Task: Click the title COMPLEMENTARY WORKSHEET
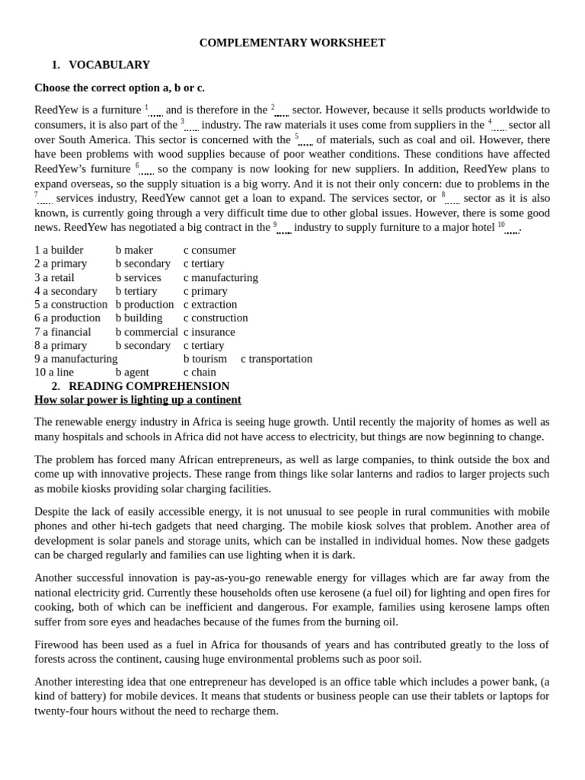(x=292, y=43)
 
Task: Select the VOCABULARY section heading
(x=109, y=65)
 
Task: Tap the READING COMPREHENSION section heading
(x=149, y=386)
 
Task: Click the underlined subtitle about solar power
(x=138, y=400)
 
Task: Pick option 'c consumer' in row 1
(x=209, y=250)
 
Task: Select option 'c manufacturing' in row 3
(x=221, y=277)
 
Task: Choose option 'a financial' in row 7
(x=62, y=332)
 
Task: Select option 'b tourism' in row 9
(x=205, y=359)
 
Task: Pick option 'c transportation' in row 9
(x=277, y=359)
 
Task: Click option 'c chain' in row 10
(x=200, y=372)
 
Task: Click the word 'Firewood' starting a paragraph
(x=56, y=644)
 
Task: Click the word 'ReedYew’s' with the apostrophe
(x=61, y=169)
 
